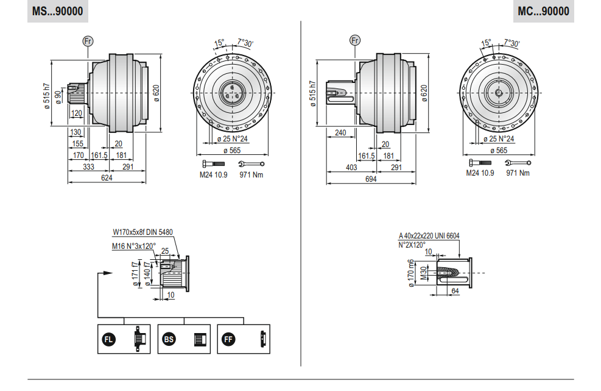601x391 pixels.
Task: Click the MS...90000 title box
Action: (x=57, y=11)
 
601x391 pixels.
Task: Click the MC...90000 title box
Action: (x=543, y=11)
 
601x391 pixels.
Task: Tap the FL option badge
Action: (x=108, y=339)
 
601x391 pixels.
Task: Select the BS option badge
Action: (x=169, y=339)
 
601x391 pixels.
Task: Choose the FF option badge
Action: (x=228, y=339)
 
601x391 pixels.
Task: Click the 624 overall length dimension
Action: (x=107, y=178)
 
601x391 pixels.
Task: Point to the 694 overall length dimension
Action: (x=371, y=179)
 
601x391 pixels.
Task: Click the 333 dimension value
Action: (x=88, y=167)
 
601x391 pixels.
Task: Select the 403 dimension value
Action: (x=351, y=168)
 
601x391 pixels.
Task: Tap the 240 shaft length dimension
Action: (x=340, y=132)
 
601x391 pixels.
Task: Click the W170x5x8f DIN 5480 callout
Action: (x=142, y=232)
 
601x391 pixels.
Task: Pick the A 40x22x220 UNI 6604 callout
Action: (x=429, y=236)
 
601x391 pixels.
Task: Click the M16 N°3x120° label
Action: (x=134, y=246)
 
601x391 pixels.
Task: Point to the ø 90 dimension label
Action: (x=58, y=97)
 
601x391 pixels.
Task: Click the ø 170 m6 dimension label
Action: (x=411, y=273)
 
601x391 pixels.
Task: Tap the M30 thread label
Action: (x=423, y=273)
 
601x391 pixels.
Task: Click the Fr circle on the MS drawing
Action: (x=88, y=41)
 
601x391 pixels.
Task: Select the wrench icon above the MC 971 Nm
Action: (x=518, y=163)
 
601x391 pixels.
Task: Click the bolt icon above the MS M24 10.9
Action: (x=214, y=164)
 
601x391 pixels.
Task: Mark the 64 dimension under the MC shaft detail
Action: (x=455, y=291)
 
